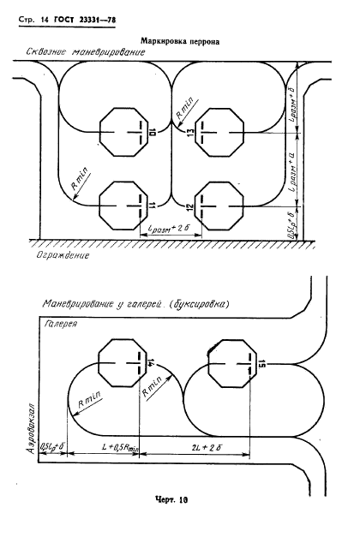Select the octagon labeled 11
[124, 206]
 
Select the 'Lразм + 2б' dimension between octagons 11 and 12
[167, 229]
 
